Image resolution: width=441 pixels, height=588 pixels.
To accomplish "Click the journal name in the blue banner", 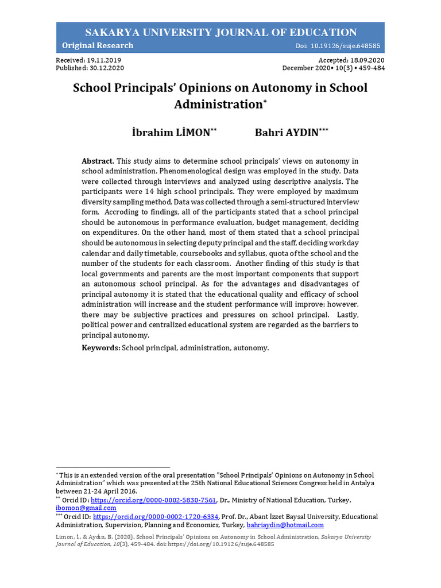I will point(220,32).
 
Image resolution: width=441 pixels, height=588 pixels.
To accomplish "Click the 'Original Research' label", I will point(98,46).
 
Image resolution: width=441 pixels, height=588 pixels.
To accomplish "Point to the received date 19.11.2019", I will point(104,60).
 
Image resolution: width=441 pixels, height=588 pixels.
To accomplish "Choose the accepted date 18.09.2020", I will point(367,60).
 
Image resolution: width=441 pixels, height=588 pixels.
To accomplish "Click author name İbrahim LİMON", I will point(171,133).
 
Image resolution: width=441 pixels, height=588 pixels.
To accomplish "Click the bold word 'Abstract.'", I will point(98,161).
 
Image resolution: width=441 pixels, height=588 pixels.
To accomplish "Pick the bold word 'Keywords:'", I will point(100,348).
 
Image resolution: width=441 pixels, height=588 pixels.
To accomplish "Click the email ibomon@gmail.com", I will point(86,508).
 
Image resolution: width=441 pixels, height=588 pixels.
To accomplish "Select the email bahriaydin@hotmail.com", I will point(285,525).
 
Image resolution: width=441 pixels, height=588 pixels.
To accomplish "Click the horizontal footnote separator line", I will point(113,467).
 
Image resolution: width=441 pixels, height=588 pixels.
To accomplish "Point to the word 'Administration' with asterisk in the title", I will point(218,105).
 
